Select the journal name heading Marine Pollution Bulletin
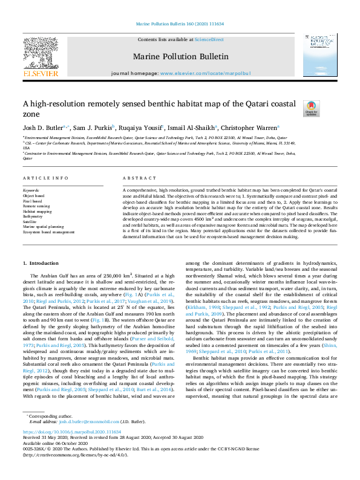pyautogui.click(x=180, y=56)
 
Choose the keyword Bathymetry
pyautogui.click(x=33, y=215)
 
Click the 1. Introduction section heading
pyautogui.click(x=41, y=263)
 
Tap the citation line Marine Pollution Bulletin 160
pyautogui.click(x=180, y=24)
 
